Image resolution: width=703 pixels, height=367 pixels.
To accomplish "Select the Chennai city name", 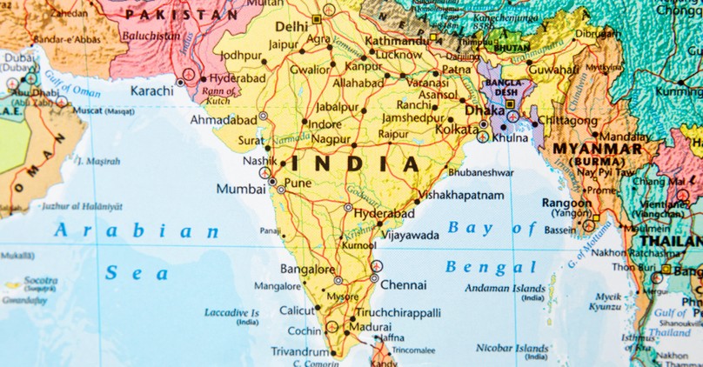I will (x=403, y=284).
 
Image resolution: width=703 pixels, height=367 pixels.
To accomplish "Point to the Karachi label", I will (x=151, y=90).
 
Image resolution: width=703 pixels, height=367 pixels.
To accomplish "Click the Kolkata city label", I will (x=458, y=130).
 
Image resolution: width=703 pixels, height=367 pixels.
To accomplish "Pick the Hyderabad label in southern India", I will (x=385, y=213).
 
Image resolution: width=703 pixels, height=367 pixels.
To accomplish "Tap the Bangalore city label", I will (x=307, y=270).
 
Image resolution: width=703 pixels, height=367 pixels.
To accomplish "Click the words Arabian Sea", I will (x=136, y=251).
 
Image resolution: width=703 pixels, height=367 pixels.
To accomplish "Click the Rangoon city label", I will (x=566, y=203).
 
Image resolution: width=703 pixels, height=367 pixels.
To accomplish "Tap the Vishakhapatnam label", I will (x=461, y=196).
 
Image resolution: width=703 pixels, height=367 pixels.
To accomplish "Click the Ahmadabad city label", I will (x=223, y=119).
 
